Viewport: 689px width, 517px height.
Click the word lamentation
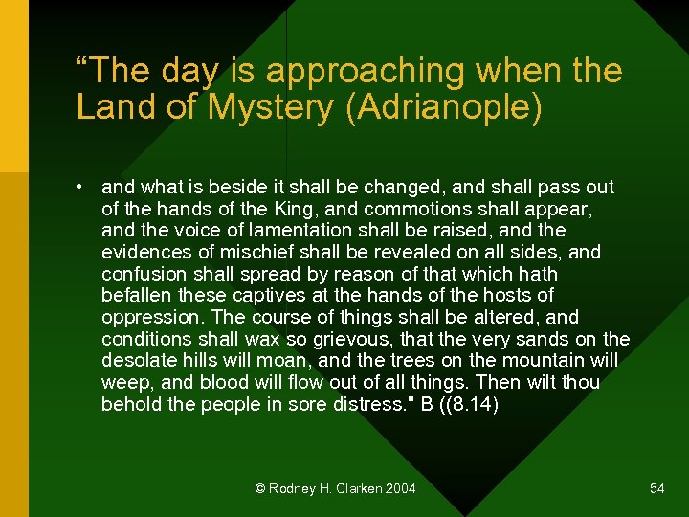pyautogui.click(x=294, y=231)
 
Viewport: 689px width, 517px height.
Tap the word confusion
pyautogui.click(x=142, y=274)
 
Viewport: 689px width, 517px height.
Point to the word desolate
pyautogui.click(x=138, y=361)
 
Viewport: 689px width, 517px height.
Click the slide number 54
pyautogui.click(x=656, y=488)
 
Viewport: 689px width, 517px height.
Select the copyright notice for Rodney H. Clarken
pyautogui.click(x=336, y=488)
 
